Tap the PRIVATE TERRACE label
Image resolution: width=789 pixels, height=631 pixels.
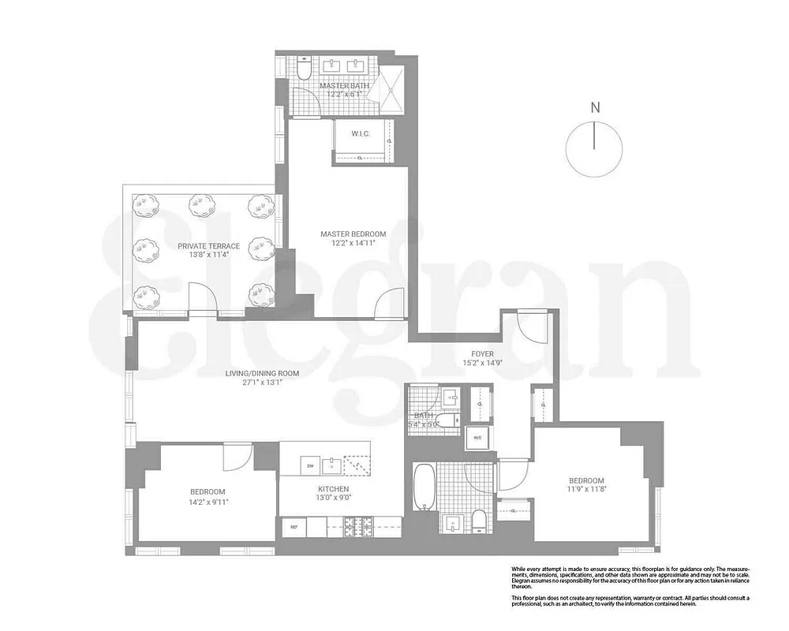(x=208, y=246)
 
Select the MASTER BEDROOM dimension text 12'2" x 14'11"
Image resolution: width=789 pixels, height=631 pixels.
(x=353, y=244)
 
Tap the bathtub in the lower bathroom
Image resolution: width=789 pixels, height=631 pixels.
(x=423, y=485)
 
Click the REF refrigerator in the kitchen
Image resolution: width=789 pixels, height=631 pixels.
(x=294, y=527)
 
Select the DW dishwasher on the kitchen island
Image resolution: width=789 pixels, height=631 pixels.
(x=310, y=466)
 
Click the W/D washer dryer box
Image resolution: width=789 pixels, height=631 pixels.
(x=477, y=438)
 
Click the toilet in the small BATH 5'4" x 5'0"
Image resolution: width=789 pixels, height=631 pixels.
(x=447, y=420)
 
